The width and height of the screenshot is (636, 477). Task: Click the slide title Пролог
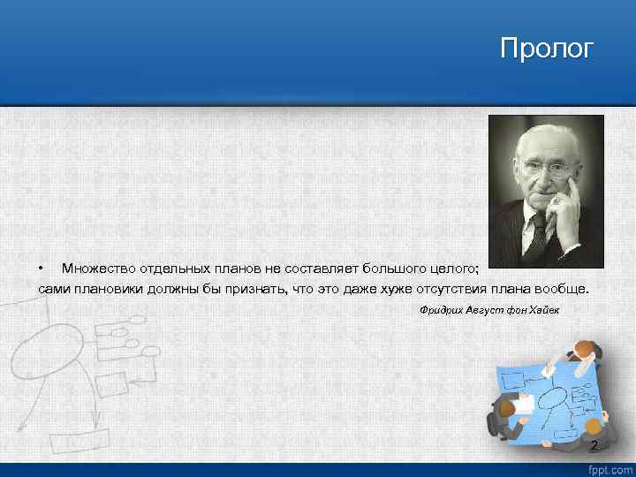pyautogui.click(x=547, y=48)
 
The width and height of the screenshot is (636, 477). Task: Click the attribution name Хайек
pyautogui.click(x=541, y=311)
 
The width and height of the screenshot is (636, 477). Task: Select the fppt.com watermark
pyautogui.click(x=611, y=469)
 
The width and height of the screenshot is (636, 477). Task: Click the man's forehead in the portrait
pyautogui.click(x=541, y=141)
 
